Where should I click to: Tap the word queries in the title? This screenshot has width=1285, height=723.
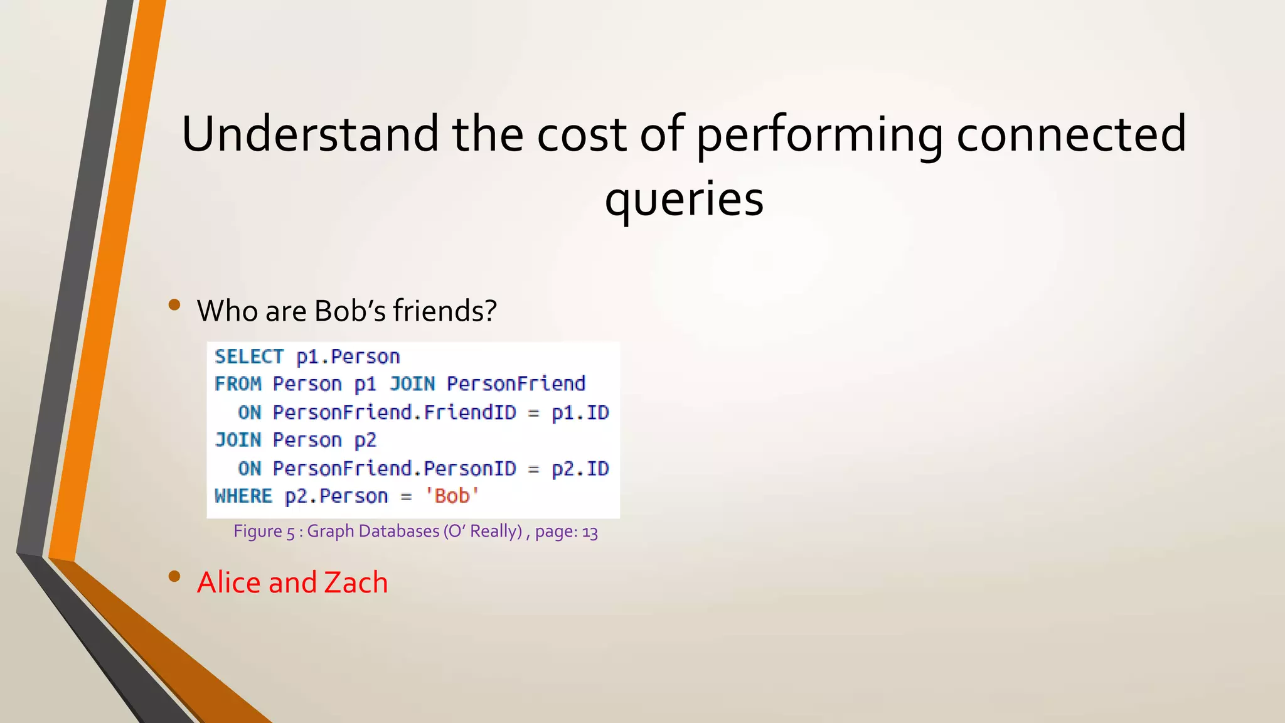pyautogui.click(x=684, y=199)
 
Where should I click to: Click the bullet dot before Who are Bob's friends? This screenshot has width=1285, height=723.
pyautogui.click(x=174, y=306)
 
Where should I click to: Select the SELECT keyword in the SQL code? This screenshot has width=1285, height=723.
pyautogui.click(x=249, y=356)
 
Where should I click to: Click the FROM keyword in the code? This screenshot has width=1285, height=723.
pyautogui.click(x=238, y=383)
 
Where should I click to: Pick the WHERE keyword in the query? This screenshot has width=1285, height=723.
pyautogui.click(x=243, y=496)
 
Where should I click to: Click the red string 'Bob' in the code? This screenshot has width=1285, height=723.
pyautogui.click(x=452, y=496)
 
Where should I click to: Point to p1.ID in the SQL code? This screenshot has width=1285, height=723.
pyautogui.click(x=580, y=412)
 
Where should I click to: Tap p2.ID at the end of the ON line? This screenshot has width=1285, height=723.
pyautogui.click(x=580, y=468)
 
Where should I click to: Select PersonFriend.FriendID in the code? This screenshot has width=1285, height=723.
pyautogui.click(x=394, y=412)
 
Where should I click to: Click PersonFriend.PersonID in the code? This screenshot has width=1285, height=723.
pyautogui.click(x=394, y=468)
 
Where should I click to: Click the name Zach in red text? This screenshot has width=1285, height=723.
pyautogui.click(x=356, y=582)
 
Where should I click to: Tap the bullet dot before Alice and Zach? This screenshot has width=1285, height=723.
pyautogui.click(x=174, y=577)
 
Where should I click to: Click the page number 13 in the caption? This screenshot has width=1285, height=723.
pyautogui.click(x=590, y=532)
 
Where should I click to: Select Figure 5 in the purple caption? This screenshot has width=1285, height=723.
pyautogui.click(x=264, y=532)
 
